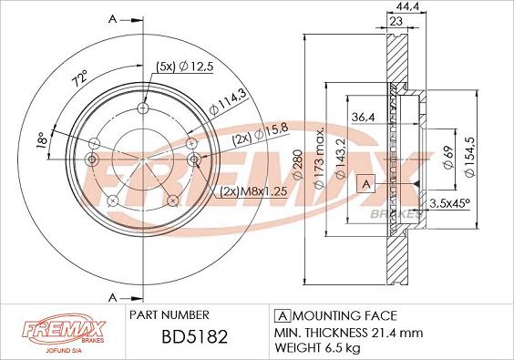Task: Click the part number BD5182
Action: point(195,336)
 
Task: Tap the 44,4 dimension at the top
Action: point(407,6)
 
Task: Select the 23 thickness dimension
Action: point(396,21)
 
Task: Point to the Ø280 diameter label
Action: point(298,165)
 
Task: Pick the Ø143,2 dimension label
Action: point(341,159)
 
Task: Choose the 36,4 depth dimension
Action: point(364,117)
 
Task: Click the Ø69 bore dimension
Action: point(448,157)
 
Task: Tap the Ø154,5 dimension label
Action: point(470,157)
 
